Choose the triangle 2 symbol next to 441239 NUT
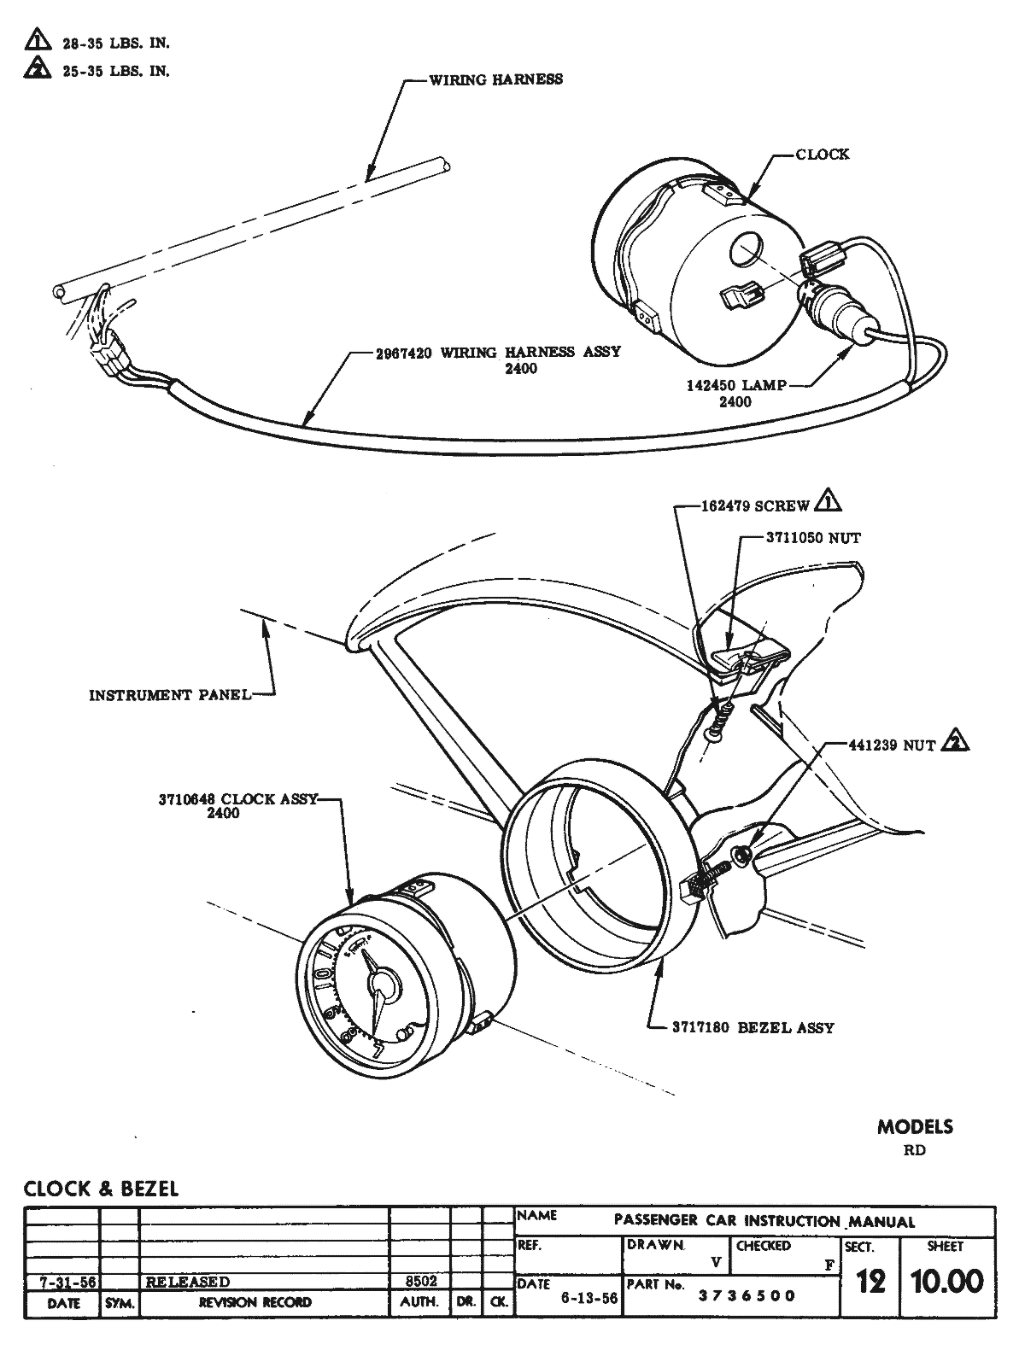[x=954, y=742]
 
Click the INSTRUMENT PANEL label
[x=170, y=695]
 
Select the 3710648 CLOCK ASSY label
[x=237, y=799]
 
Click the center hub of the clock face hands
[x=382, y=985]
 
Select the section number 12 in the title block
[x=870, y=1282]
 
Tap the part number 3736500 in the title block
[x=747, y=1295]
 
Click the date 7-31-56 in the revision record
[x=63, y=1282]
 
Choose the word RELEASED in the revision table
[x=188, y=1282]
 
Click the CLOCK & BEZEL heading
[x=101, y=1189]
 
